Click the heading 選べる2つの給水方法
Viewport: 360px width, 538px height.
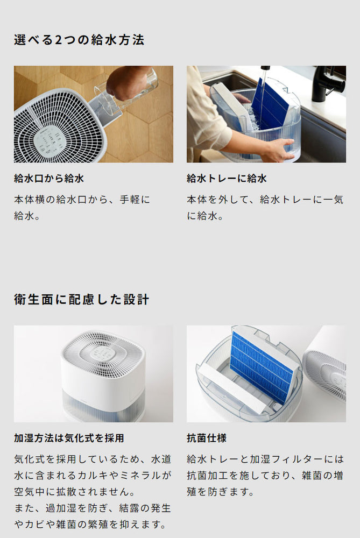coord(79,39)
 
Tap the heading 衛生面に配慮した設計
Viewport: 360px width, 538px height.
coord(81,299)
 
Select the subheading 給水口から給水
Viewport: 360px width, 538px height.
coord(49,179)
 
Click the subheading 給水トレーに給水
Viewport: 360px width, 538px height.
coord(227,179)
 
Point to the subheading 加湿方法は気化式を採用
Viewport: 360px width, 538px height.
coord(69,438)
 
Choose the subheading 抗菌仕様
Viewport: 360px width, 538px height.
coord(207,438)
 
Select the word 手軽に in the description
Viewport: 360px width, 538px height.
coord(135,200)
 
